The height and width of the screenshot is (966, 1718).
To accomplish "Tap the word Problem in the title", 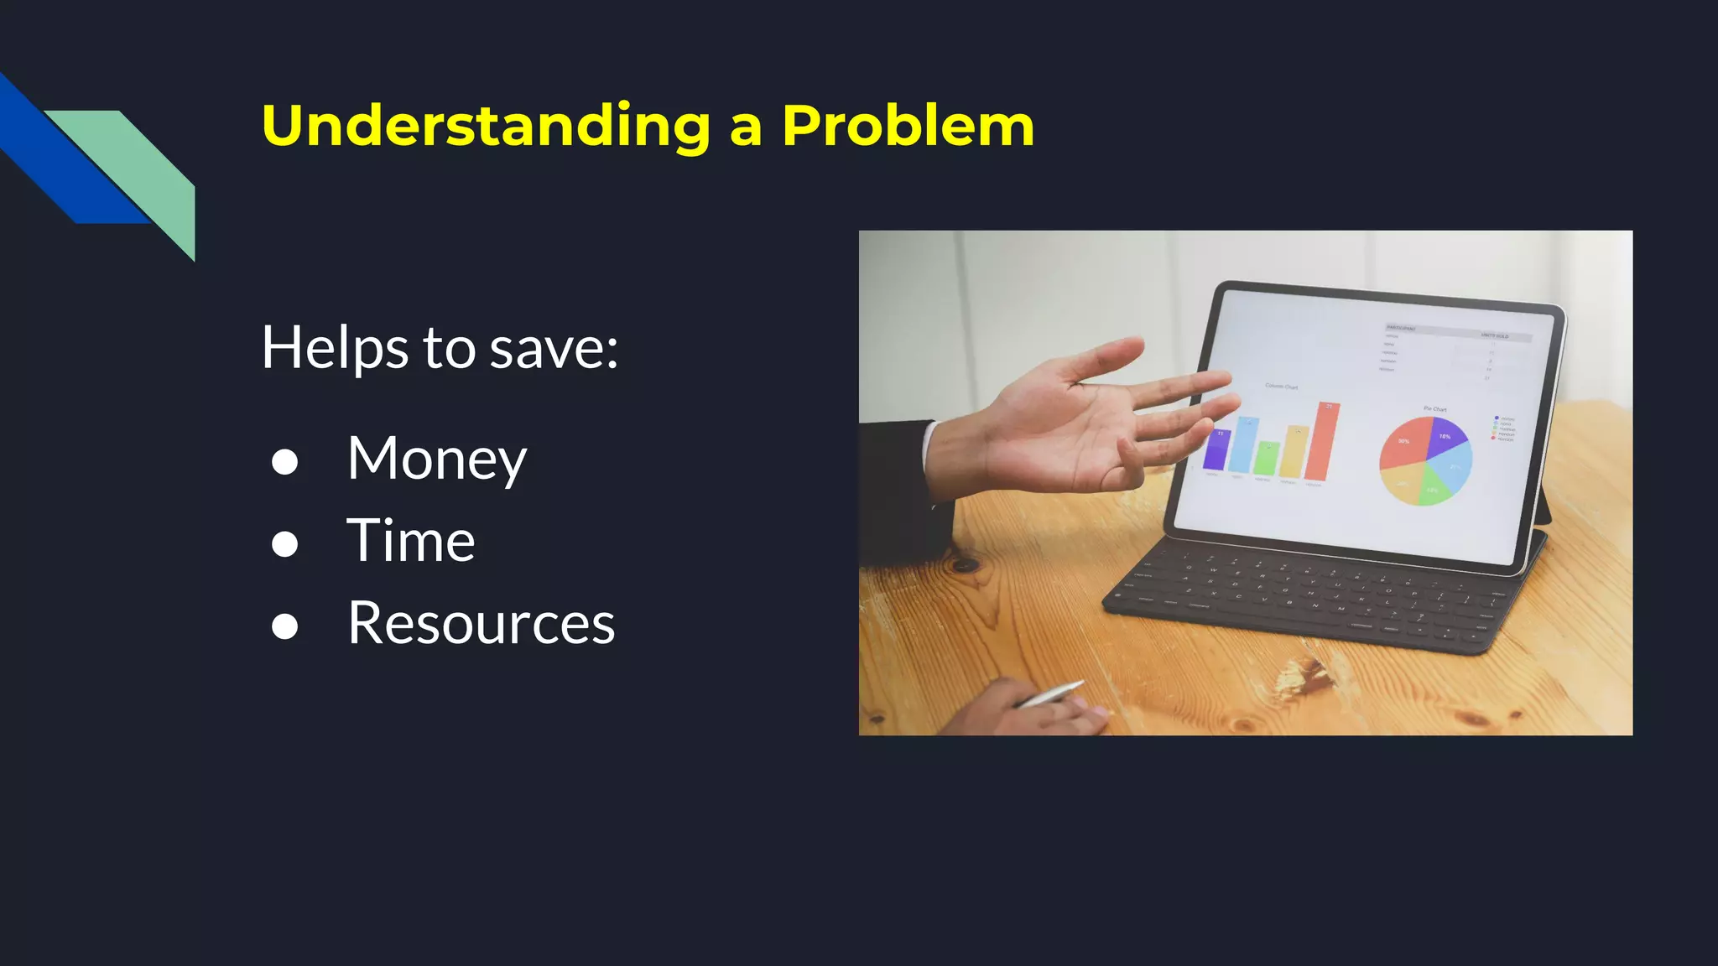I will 908,126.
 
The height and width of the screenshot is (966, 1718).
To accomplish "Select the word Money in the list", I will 436,459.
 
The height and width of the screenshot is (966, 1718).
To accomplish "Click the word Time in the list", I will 411,541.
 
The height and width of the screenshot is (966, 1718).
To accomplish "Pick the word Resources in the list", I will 481,623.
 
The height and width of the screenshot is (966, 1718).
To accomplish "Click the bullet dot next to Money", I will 285,461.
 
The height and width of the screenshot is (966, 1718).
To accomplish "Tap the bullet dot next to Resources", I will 285,626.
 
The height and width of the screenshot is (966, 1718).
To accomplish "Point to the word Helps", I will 336,348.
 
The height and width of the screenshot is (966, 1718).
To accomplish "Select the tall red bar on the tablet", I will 1324,442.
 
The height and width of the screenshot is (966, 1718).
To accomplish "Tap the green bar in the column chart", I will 1267,459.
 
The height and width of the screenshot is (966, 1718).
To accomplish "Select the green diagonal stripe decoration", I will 147,168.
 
